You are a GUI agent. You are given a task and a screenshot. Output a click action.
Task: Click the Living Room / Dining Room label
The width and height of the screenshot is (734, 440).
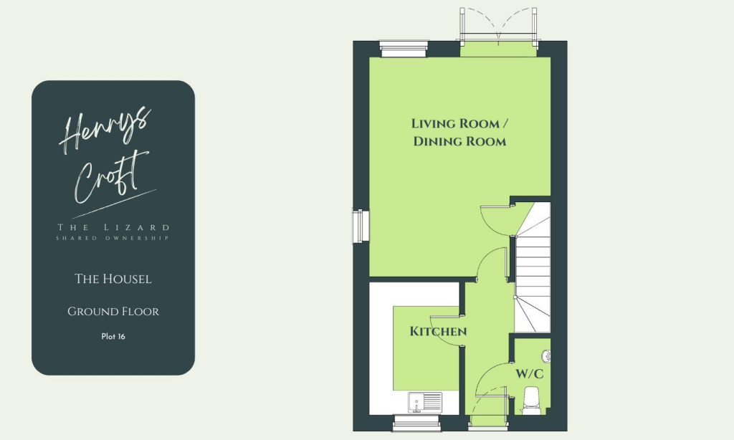pos(459,133)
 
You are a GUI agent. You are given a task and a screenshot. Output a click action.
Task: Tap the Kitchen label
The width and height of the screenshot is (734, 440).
pos(438,332)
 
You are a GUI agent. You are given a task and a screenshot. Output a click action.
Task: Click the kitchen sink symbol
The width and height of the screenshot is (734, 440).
pos(417,402)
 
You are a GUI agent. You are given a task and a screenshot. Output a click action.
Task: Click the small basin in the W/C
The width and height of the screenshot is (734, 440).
pos(547,355)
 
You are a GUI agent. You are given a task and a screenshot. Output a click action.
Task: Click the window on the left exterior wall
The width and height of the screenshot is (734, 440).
pos(358,226)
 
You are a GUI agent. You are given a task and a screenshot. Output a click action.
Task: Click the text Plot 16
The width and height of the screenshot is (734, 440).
pos(113,336)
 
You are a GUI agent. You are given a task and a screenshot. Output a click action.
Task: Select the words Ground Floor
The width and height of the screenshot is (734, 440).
pos(113,312)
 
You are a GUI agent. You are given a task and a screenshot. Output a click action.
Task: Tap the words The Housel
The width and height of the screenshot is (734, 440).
pos(113,279)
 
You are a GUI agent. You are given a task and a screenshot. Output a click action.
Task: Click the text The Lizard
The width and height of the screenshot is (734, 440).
pos(113,228)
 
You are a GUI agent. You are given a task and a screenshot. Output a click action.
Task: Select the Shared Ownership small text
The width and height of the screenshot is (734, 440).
pos(113,238)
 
